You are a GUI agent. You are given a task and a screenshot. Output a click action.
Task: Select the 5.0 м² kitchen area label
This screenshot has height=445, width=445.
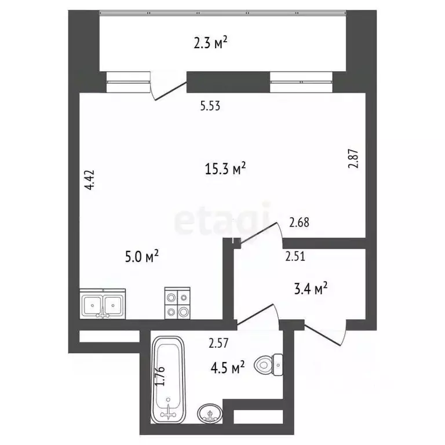(141, 255)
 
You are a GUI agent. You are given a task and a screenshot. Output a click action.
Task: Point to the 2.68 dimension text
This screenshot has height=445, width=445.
(300, 222)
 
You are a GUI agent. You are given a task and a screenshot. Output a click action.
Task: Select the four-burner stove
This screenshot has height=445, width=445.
(177, 303)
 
